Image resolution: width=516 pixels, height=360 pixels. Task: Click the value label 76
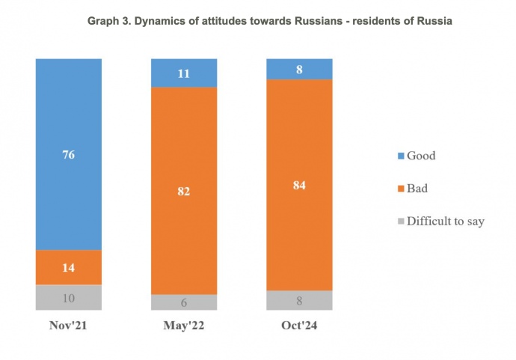68,155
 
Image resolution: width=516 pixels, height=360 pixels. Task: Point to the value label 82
184,191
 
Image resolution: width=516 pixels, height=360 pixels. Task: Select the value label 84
299,185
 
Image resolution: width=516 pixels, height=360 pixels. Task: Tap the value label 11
184,73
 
